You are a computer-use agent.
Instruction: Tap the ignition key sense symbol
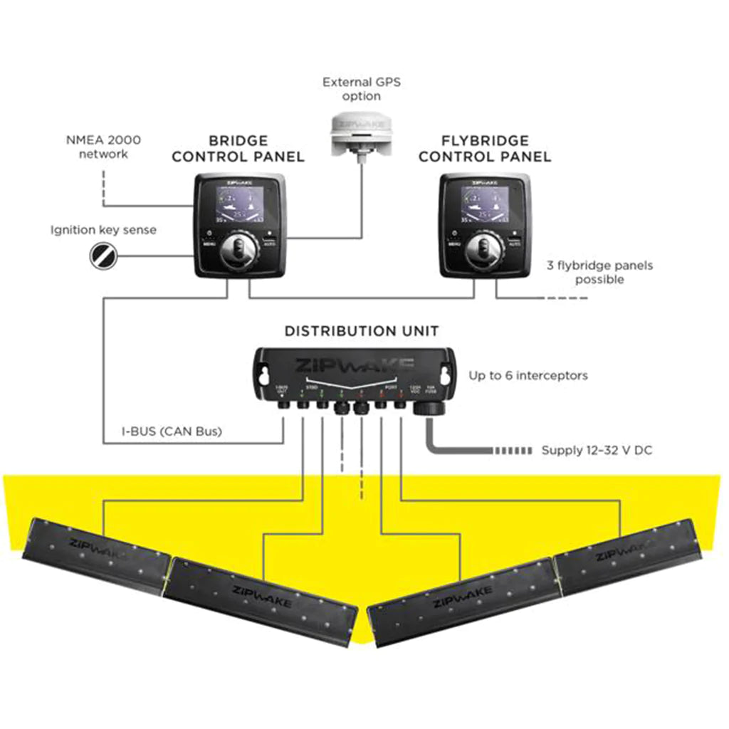tap(103, 253)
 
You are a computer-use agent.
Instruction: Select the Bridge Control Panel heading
tap(238, 149)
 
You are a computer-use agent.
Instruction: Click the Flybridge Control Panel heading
tap(484, 149)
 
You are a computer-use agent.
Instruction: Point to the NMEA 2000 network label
tap(103, 146)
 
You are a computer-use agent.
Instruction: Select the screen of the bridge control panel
tap(239, 204)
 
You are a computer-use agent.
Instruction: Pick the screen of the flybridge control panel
tap(484, 204)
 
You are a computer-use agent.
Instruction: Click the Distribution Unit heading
tap(362, 331)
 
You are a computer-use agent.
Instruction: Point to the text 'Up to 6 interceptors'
tap(528, 375)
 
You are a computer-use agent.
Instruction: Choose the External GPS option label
tap(362, 89)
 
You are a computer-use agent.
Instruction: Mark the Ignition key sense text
tap(103, 230)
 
